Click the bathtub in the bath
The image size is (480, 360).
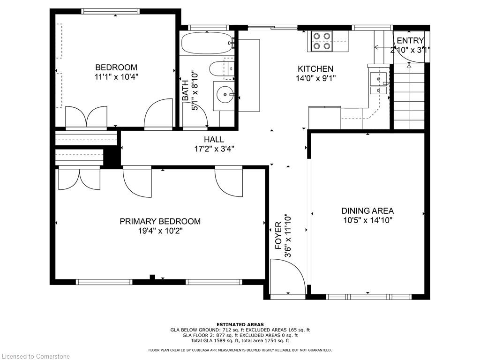point(207,43)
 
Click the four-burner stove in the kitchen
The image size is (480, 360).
point(322,41)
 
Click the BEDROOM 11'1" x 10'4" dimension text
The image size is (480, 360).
point(116,76)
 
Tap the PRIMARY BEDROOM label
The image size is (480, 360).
point(160,221)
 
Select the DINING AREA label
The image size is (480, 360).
point(367,210)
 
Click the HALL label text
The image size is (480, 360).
point(214,140)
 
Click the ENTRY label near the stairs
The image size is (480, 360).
point(410,40)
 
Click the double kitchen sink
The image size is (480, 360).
point(378,83)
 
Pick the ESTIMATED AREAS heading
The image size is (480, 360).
point(240,324)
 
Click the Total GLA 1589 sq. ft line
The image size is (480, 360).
point(240,340)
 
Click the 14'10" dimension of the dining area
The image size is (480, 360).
point(381,220)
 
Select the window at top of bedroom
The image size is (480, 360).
point(111,11)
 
